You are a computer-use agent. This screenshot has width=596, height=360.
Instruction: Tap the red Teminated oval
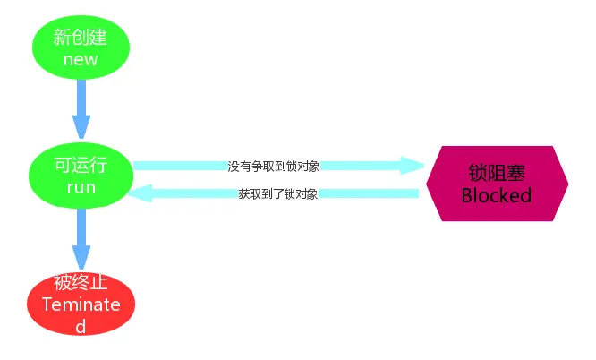pyautogui.click(x=81, y=304)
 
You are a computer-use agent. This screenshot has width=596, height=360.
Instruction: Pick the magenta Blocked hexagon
pyautogui.click(x=497, y=184)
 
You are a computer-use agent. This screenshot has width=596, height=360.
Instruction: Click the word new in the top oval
pyautogui.click(x=81, y=60)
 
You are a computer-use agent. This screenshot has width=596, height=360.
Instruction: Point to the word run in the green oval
pyautogui.click(x=81, y=188)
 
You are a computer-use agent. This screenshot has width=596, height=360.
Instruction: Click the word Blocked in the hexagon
pyautogui.click(x=497, y=195)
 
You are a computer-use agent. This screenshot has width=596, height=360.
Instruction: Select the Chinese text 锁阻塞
pyautogui.click(x=497, y=172)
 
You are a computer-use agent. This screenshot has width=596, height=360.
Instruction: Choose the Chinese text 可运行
pyautogui.click(x=81, y=165)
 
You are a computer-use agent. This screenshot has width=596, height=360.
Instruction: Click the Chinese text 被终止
pyautogui.click(x=81, y=284)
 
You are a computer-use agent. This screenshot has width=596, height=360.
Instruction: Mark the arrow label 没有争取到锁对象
pyautogui.click(x=273, y=166)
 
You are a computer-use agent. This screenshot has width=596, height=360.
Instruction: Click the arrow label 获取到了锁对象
pyautogui.click(x=278, y=193)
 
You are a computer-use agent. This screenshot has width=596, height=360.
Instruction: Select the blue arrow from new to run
pyautogui.click(x=81, y=103)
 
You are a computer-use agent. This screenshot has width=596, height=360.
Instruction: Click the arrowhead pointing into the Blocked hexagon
pyautogui.click(x=412, y=166)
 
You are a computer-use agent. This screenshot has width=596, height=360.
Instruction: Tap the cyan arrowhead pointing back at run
pyautogui.click(x=140, y=193)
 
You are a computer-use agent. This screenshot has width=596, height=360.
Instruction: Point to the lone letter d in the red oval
pyautogui.click(x=81, y=326)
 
